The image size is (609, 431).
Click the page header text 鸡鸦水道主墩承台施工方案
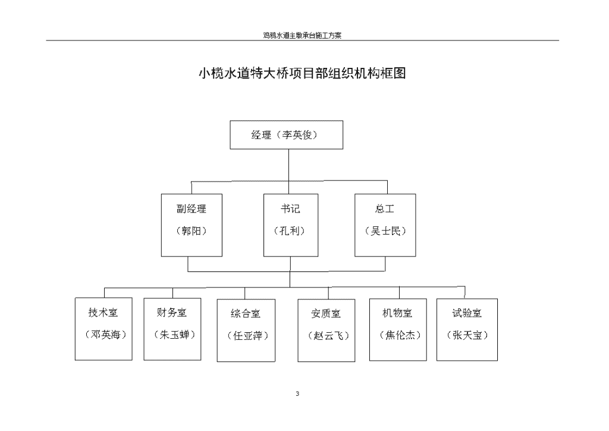tap(302, 35)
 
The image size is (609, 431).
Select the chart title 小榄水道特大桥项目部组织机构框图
tap(302, 73)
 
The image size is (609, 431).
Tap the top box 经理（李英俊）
tap(286, 135)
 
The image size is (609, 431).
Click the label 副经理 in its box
tap(192, 209)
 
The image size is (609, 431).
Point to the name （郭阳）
tap(192, 231)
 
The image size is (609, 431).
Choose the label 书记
tap(290, 209)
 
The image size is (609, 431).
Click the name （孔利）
tap(290, 231)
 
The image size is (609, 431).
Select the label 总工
tap(385, 209)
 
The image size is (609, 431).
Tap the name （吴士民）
tap(385, 231)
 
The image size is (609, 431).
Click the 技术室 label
tap(103, 313)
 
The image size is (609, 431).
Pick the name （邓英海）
tap(106, 335)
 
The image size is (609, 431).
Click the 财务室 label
tap(172, 313)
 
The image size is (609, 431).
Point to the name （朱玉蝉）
tap(174, 335)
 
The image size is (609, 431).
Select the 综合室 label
tap(246, 313)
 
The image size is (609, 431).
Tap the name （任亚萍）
tap(248, 335)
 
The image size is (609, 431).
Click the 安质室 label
tap(326, 313)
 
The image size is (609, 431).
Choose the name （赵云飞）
tap(328, 335)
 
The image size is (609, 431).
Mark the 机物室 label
tap(397, 313)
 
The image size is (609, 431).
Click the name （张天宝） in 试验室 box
tap(467, 335)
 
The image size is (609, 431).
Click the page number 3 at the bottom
tap(297, 393)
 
